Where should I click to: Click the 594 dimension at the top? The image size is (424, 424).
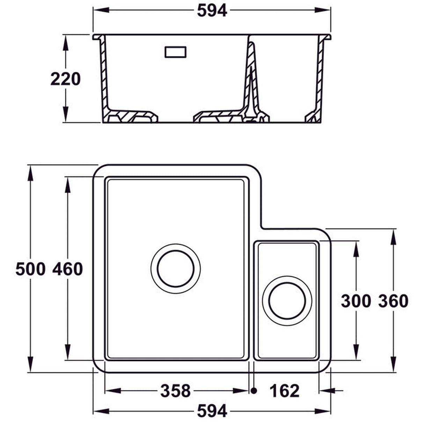click(212, 10)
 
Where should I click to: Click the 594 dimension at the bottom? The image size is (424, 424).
click(212, 411)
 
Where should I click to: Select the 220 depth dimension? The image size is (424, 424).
click(65, 79)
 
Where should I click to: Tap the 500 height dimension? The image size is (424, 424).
click(30, 269)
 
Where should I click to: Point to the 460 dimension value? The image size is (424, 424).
click(68, 269)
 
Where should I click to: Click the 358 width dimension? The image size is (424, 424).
click(175, 390)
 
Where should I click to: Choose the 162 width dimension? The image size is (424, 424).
click(284, 390)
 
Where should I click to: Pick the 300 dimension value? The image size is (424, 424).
click(356, 301)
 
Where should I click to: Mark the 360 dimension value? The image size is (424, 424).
click(393, 301)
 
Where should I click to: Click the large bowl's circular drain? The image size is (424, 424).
click(175, 268)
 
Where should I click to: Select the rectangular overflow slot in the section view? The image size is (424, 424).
click(175, 52)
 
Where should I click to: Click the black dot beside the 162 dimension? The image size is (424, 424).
click(254, 390)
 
